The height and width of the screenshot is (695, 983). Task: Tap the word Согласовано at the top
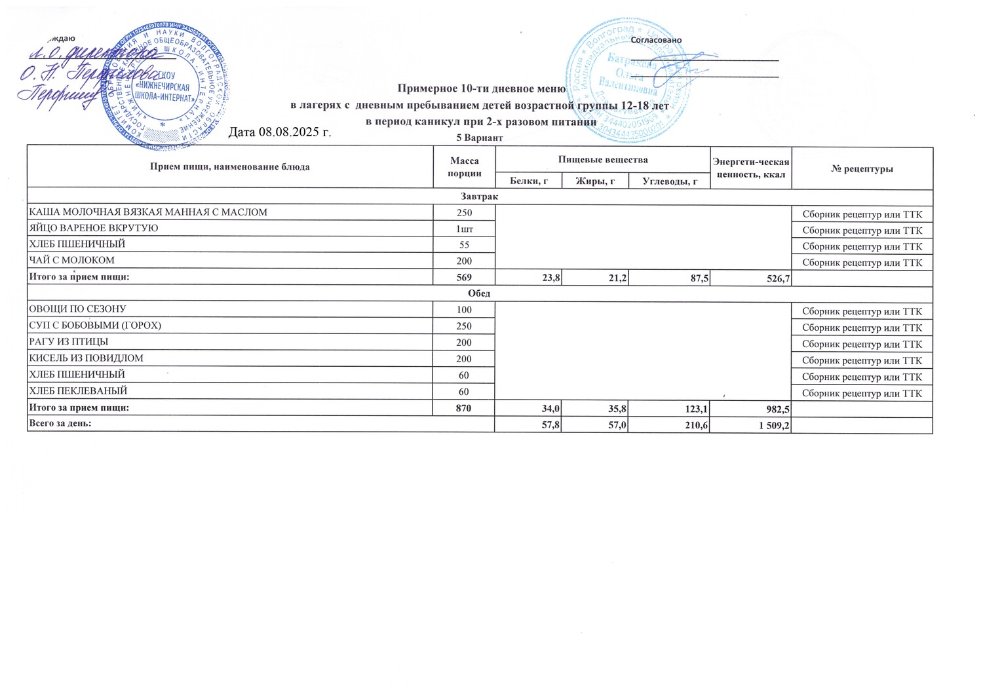pos(655,40)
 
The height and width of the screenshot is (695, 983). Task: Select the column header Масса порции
pos(464,167)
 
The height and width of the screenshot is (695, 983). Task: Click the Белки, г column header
pos(528,181)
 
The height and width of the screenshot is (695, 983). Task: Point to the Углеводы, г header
pos(670,181)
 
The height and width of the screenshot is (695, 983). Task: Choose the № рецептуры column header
pos(862,168)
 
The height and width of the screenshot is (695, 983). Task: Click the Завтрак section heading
pos(479,197)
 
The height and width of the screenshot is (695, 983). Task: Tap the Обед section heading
pos(479,293)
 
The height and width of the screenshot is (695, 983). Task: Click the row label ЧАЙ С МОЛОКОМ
pos(71,260)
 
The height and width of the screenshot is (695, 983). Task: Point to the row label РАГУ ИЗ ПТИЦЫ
pos(68,342)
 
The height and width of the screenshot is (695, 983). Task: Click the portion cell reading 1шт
pos(464,229)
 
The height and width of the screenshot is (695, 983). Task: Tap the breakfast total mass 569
pos(464,277)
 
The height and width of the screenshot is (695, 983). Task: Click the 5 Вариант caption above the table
pos(479,138)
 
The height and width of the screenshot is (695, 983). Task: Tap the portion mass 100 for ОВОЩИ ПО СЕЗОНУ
pos(464,309)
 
